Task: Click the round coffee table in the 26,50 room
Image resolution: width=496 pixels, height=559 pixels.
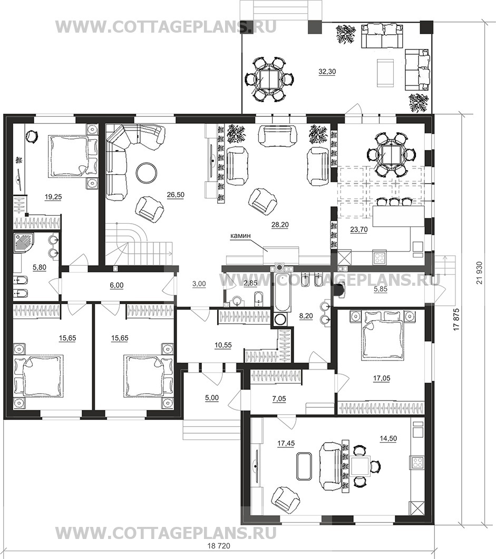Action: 145,173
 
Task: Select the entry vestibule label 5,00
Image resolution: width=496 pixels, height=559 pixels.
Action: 211,398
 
